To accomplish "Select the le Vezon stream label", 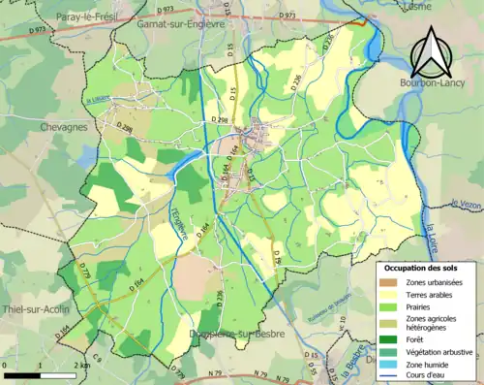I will point(466,204).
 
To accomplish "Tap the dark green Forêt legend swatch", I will point(387,338).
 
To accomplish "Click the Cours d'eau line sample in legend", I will point(387,374).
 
